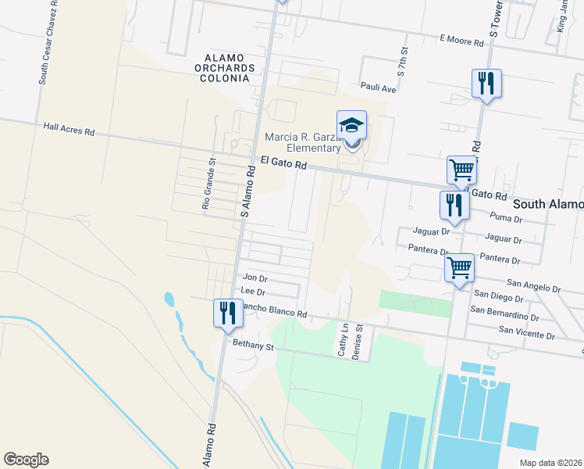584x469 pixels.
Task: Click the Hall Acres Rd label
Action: pos(69,129)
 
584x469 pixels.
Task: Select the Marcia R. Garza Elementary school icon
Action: pos(351,125)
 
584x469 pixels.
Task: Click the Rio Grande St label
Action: pos(208,184)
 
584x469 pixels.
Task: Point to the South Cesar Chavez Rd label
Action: pos(43,48)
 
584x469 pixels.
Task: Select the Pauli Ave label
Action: pos(379,88)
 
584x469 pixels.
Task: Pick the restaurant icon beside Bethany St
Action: pos(227,313)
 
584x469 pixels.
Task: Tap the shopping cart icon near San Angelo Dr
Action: pos(459,268)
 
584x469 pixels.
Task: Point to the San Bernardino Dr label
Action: pos(504,313)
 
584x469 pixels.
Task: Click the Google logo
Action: pos(26,460)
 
